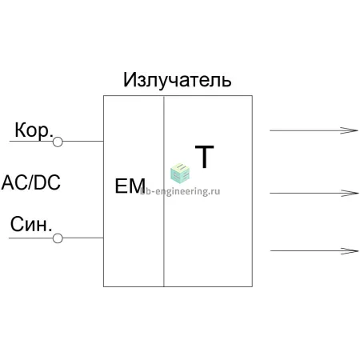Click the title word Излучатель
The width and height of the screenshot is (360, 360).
(x=177, y=80)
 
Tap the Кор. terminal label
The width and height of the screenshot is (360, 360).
(x=34, y=130)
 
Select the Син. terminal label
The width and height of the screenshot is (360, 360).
(x=31, y=224)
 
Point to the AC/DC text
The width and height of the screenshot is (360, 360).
(x=31, y=182)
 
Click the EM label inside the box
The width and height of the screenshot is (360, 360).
(x=130, y=186)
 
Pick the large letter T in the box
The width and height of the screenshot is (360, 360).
(x=204, y=157)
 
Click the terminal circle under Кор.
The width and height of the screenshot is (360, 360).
(x=58, y=142)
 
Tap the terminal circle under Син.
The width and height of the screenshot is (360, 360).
(x=58, y=238)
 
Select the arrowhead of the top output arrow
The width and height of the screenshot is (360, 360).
(x=349, y=130)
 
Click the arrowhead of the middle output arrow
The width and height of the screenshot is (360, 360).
(x=350, y=193)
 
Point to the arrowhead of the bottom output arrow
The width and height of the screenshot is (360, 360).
(x=350, y=251)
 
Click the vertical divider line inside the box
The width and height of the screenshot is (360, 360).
(x=164, y=191)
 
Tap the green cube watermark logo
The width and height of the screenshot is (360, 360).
(x=180, y=173)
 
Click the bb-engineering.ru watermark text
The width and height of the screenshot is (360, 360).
(x=180, y=191)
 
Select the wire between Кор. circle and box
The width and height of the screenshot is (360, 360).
(x=83, y=141)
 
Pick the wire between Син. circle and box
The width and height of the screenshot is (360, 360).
(x=83, y=238)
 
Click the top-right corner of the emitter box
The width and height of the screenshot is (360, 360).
(x=252, y=95)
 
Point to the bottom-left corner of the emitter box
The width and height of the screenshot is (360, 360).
(x=103, y=286)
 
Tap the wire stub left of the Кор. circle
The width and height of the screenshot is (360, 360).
(x=31, y=141)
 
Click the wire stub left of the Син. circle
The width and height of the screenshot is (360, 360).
(x=31, y=238)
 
